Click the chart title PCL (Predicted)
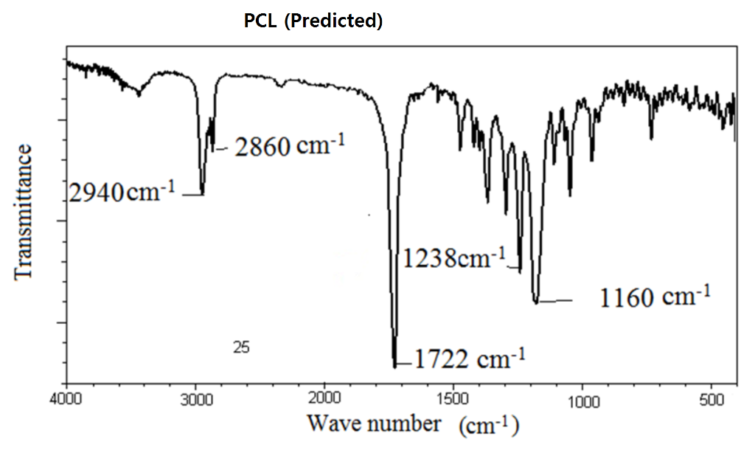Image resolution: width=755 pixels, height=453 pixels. pyautogui.click(x=313, y=21)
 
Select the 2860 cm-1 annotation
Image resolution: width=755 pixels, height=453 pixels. pyautogui.click(x=290, y=145)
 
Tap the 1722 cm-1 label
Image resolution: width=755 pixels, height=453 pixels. pyautogui.click(x=469, y=359)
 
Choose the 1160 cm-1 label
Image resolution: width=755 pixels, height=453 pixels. pyautogui.click(x=655, y=297)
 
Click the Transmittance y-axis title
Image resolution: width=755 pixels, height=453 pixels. pyautogui.click(x=24, y=212)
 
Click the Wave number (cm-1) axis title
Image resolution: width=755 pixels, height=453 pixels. pyautogui.click(x=412, y=424)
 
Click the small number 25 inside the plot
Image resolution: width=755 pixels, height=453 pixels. pyautogui.click(x=240, y=347)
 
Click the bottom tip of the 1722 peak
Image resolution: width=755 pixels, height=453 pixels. pyautogui.click(x=395, y=365)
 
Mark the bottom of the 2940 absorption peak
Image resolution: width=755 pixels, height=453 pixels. pyautogui.click(x=202, y=194)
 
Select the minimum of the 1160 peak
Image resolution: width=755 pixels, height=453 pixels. pyautogui.click(x=536, y=301)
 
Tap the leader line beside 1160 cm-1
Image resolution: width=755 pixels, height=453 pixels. pyautogui.click(x=557, y=300)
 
